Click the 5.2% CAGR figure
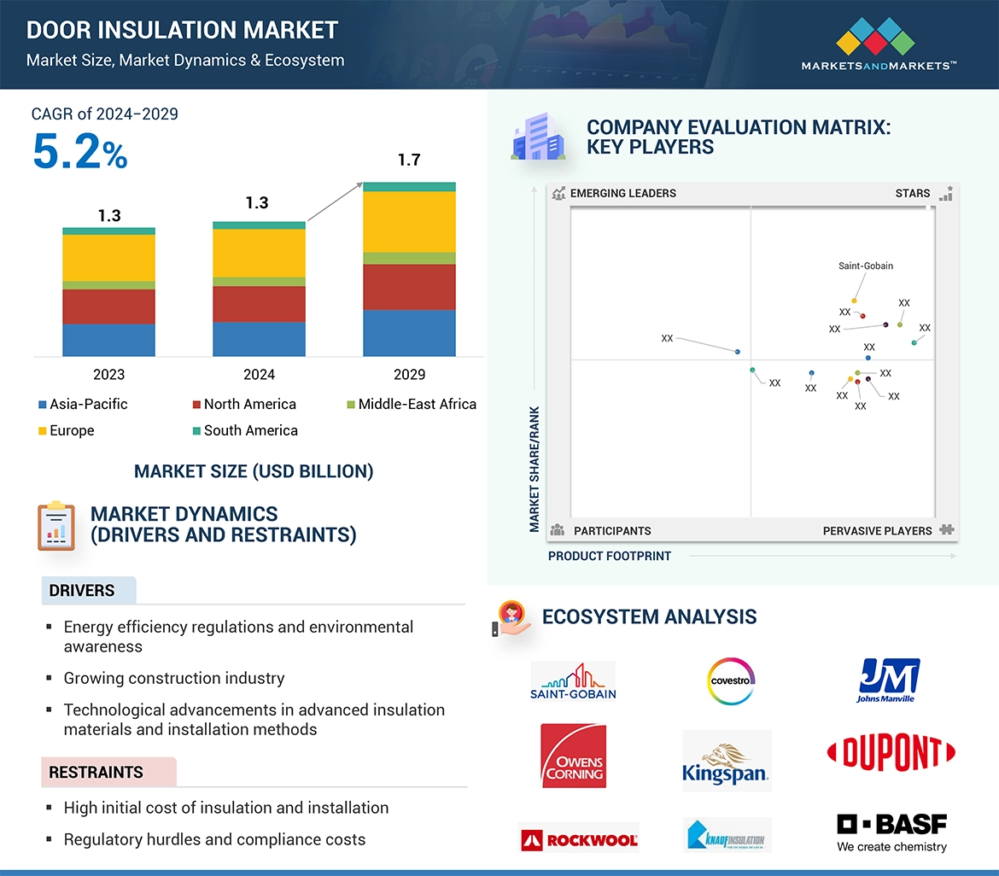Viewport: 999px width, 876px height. click(79, 153)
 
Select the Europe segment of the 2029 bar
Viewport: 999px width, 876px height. click(409, 221)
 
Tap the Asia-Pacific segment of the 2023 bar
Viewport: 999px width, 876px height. click(108, 340)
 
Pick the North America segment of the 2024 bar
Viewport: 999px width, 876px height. click(259, 304)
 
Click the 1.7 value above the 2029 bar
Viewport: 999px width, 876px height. click(409, 161)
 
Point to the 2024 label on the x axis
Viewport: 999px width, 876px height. click(259, 374)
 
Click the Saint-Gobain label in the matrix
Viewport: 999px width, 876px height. click(866, 266)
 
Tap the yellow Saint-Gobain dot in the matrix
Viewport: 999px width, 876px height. click(854, 301)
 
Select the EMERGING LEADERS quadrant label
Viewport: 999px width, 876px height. click(622, 194)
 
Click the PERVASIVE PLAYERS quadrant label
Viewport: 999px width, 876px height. click(877, 531)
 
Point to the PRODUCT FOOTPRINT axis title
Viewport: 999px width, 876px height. click(610, 556)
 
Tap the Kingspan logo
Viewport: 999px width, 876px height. click(726, 761)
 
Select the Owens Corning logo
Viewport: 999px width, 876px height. click(574, 756)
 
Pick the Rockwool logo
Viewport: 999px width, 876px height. click(579, 838)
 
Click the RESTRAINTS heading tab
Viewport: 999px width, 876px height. click(96, 773)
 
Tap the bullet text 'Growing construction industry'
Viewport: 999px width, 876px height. click(174, 679)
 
